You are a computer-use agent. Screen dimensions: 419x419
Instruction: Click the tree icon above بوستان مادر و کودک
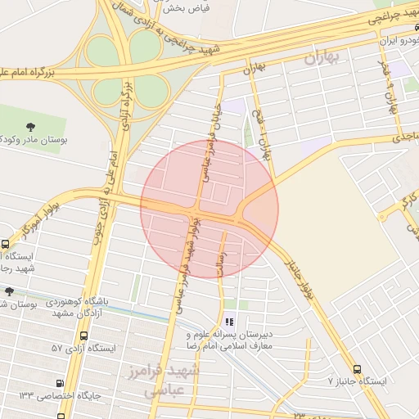pos(31,127)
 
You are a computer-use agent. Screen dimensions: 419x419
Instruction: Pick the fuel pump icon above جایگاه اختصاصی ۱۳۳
pos(59,383)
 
